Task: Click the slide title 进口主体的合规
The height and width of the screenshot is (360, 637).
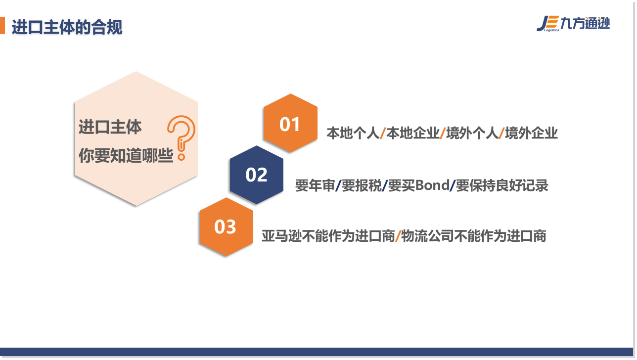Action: [67, 27]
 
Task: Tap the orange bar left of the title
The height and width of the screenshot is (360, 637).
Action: [2, 25]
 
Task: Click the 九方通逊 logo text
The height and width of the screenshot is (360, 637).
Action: [585, 23]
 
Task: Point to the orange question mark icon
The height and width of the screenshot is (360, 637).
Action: [182, 138]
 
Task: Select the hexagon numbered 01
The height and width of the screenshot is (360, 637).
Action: [290, 123]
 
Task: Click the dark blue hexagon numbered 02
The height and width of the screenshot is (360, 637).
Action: [257, 175]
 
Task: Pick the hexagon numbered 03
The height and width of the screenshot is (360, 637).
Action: [226, 227]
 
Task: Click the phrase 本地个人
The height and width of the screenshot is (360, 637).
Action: [353, 133]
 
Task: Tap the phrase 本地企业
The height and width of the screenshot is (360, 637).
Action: [413, 133]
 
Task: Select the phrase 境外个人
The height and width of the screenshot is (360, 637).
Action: [472, 133]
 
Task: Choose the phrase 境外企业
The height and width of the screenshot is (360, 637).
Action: [531, 133]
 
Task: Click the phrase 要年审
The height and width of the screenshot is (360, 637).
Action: [315, 185]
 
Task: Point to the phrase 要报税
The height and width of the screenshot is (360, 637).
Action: [362, 185]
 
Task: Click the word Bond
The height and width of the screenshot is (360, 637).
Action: [432, 185]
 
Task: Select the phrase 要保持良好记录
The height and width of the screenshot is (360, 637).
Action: [502, 185]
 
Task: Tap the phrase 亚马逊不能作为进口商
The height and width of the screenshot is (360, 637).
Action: [328, 236]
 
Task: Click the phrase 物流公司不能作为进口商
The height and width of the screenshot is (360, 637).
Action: [473, 236]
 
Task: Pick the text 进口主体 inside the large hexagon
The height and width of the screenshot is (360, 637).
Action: [110, 127]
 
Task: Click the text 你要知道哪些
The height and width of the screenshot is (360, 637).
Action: [126, 155]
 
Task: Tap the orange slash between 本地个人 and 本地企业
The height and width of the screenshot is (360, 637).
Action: [383, 133]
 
